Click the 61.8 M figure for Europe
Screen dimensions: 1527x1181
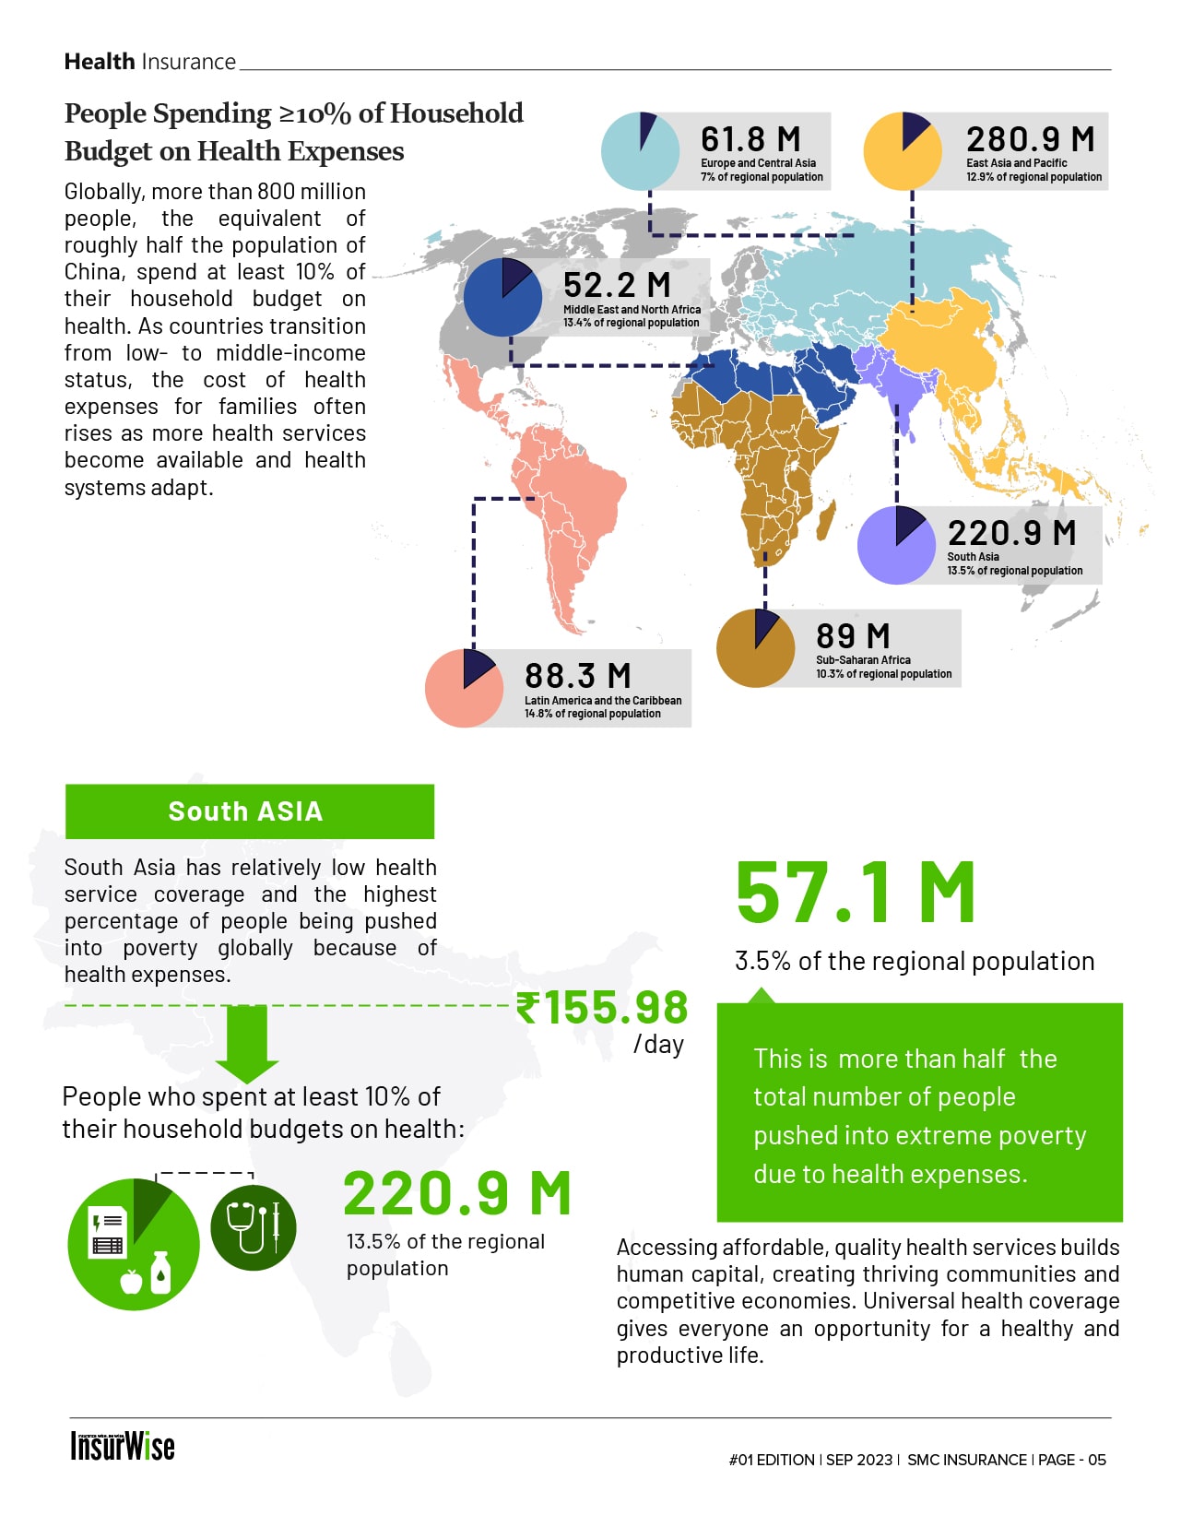coord(750,139)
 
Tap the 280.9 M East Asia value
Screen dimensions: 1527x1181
coord(1030,139)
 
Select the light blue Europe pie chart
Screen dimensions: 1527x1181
coord(640,151)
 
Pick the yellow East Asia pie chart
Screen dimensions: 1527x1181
coord(903,151)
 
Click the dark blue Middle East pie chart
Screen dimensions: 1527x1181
coord(502,297)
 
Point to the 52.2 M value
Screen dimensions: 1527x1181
coord(617,285)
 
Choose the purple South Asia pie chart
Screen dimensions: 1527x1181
coord(896,545)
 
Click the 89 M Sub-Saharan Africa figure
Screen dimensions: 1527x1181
coord(853,636)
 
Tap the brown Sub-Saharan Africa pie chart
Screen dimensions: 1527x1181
coord(755,648)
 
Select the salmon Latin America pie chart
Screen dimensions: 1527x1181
coord(464,688)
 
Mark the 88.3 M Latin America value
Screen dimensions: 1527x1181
coord(578,676)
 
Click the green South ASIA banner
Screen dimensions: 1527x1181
coord(249,811)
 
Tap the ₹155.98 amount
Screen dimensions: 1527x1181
coord(602,1007)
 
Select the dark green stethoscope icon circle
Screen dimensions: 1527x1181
coord(253,1228)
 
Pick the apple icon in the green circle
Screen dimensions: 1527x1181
coord(132,1281)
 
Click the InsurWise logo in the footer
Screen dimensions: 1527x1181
coord(123,1446)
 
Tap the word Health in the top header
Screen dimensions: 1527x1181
coord(100,62)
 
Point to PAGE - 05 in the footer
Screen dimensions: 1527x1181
coord(1071,1460)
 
